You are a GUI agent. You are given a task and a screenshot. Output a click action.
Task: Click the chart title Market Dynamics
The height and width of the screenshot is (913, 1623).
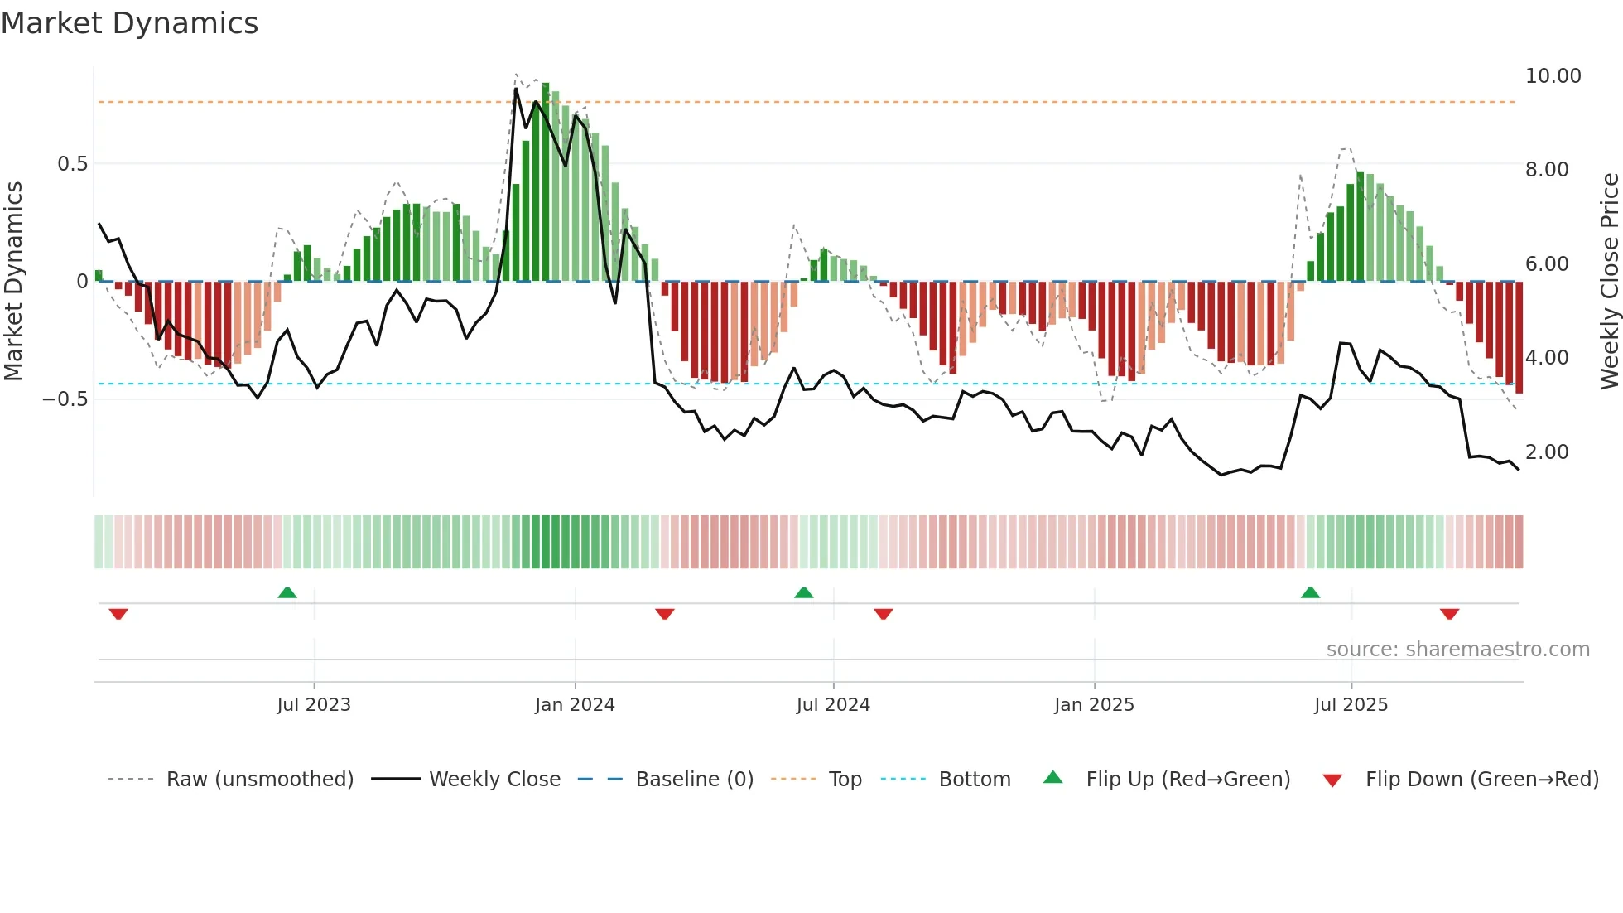click(130, 23)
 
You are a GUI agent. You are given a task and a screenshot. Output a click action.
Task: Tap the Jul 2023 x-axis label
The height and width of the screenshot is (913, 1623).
click(314, 705)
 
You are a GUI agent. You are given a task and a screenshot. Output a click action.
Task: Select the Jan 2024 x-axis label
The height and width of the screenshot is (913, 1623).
click(575, 705)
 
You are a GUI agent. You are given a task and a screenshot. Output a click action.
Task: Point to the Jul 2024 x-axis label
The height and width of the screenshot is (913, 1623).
click(833, 705)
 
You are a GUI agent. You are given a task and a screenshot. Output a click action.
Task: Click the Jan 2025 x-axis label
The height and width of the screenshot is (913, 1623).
click(1094, 705)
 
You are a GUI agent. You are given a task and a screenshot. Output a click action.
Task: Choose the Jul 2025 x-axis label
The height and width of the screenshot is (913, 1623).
click(1351, 705)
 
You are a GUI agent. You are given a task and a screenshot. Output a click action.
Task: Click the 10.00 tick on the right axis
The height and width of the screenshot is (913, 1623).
click(1553, 76)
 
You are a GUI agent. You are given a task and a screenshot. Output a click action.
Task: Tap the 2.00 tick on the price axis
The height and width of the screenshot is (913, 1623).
click(1547, 452)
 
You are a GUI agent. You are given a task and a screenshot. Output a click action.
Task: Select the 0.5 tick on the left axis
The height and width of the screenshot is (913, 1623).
click(72, 164)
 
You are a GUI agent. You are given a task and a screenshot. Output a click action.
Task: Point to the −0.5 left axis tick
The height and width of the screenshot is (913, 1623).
click(65, 399)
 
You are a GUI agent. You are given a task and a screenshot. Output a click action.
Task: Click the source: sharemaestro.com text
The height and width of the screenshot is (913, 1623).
click(1457, 650)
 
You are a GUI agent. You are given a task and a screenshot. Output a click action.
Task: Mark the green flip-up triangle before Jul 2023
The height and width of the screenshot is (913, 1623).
click(287, 593)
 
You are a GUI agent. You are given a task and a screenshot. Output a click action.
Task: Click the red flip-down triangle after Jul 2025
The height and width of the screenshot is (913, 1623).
click(1449, 614)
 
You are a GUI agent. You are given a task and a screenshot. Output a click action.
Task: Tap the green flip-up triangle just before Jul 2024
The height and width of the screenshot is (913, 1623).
click(803, 593)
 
